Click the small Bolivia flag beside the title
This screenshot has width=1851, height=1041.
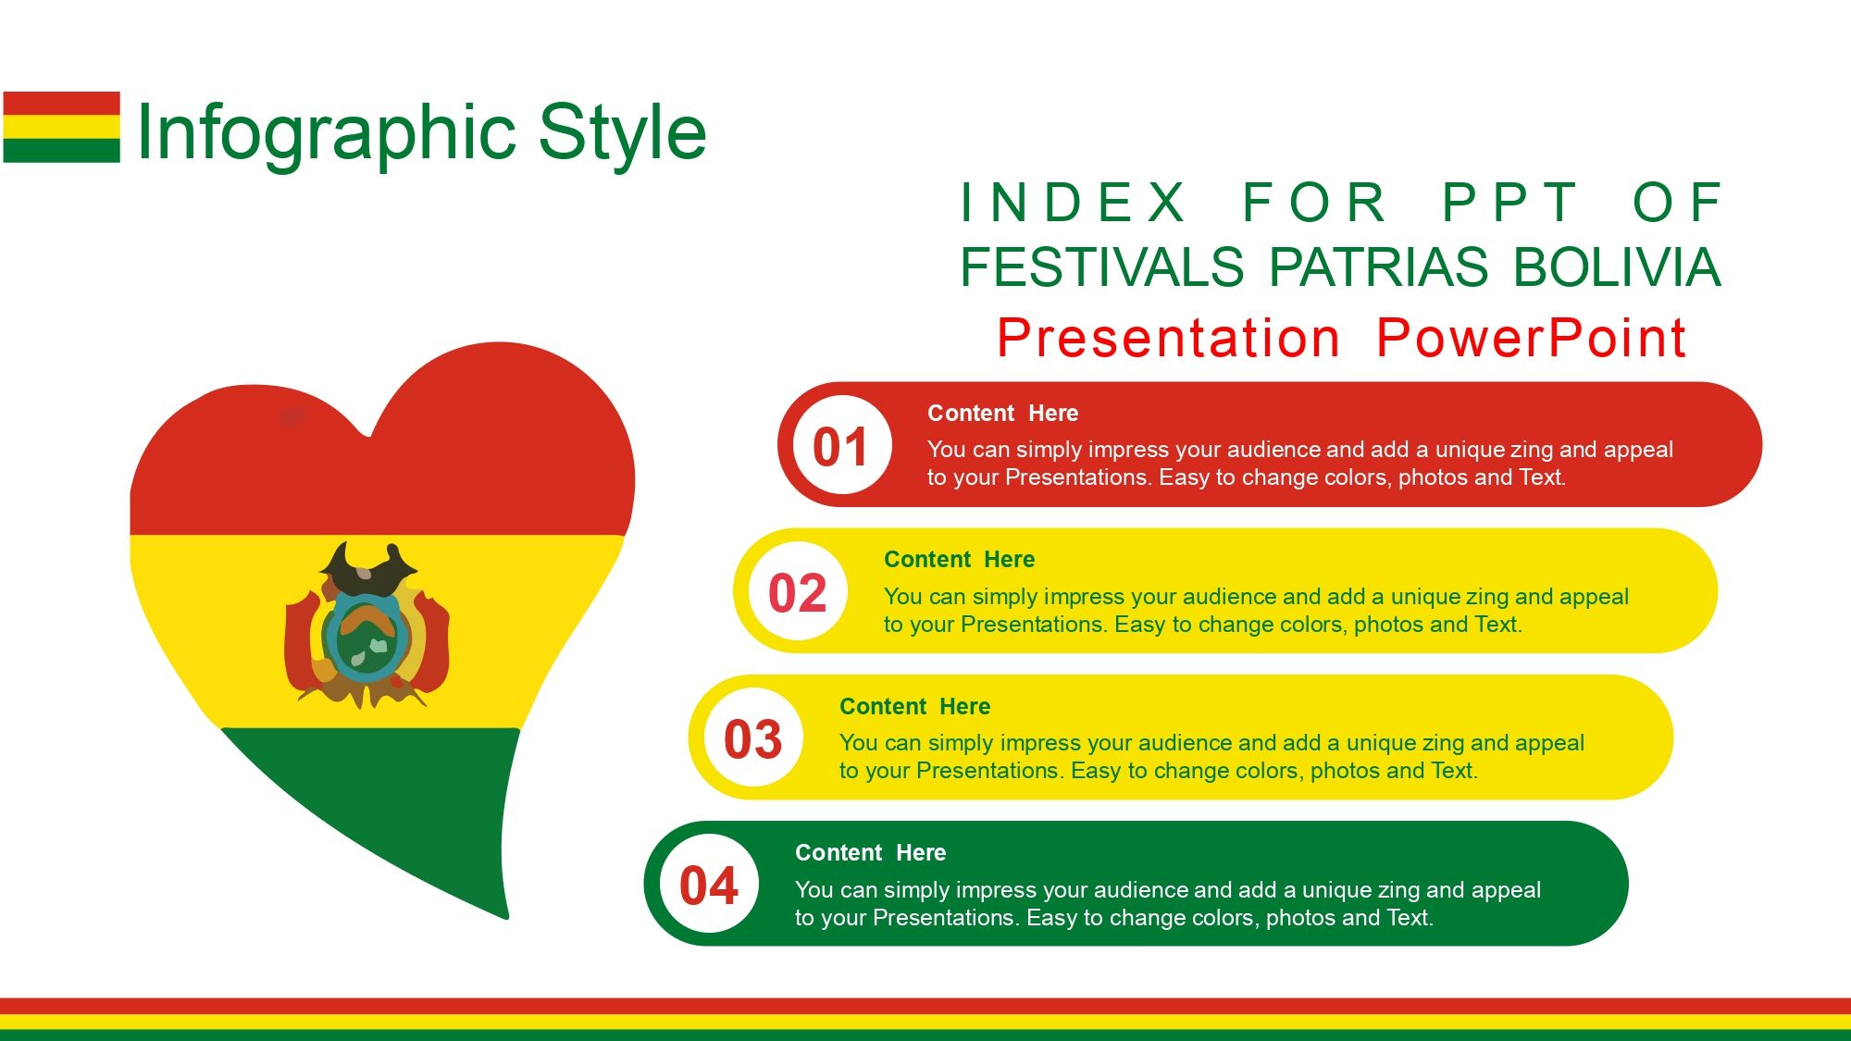[x=61, y=127]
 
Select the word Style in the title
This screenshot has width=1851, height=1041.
[x=622, y=132]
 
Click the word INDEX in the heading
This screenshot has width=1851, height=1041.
[x=1073, y=203]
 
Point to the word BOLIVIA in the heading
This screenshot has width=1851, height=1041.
[x=1617, y=267]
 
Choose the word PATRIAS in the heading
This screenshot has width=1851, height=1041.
[x=1378, y=267]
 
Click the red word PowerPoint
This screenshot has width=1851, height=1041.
[x=1531, y=338]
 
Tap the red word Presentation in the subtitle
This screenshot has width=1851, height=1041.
[x=1168, y=338]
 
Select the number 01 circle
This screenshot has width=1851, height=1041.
[x=841, y=445]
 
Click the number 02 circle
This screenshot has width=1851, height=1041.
[x=798, y=591]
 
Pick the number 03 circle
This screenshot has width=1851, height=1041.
[x=753, y=737]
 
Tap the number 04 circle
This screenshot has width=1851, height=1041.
[x=709, y=884]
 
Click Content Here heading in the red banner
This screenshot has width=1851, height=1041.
[x=1003, y=414]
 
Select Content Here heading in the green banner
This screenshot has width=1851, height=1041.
[x=871, y=853]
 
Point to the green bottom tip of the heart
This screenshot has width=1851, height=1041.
[x=506, y=918]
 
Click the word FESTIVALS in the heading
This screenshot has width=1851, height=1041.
[x=1102, y=267]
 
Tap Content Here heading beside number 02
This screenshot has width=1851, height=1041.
[x=960, y=560]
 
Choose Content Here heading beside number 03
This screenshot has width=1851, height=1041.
[x=915, y=707]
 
